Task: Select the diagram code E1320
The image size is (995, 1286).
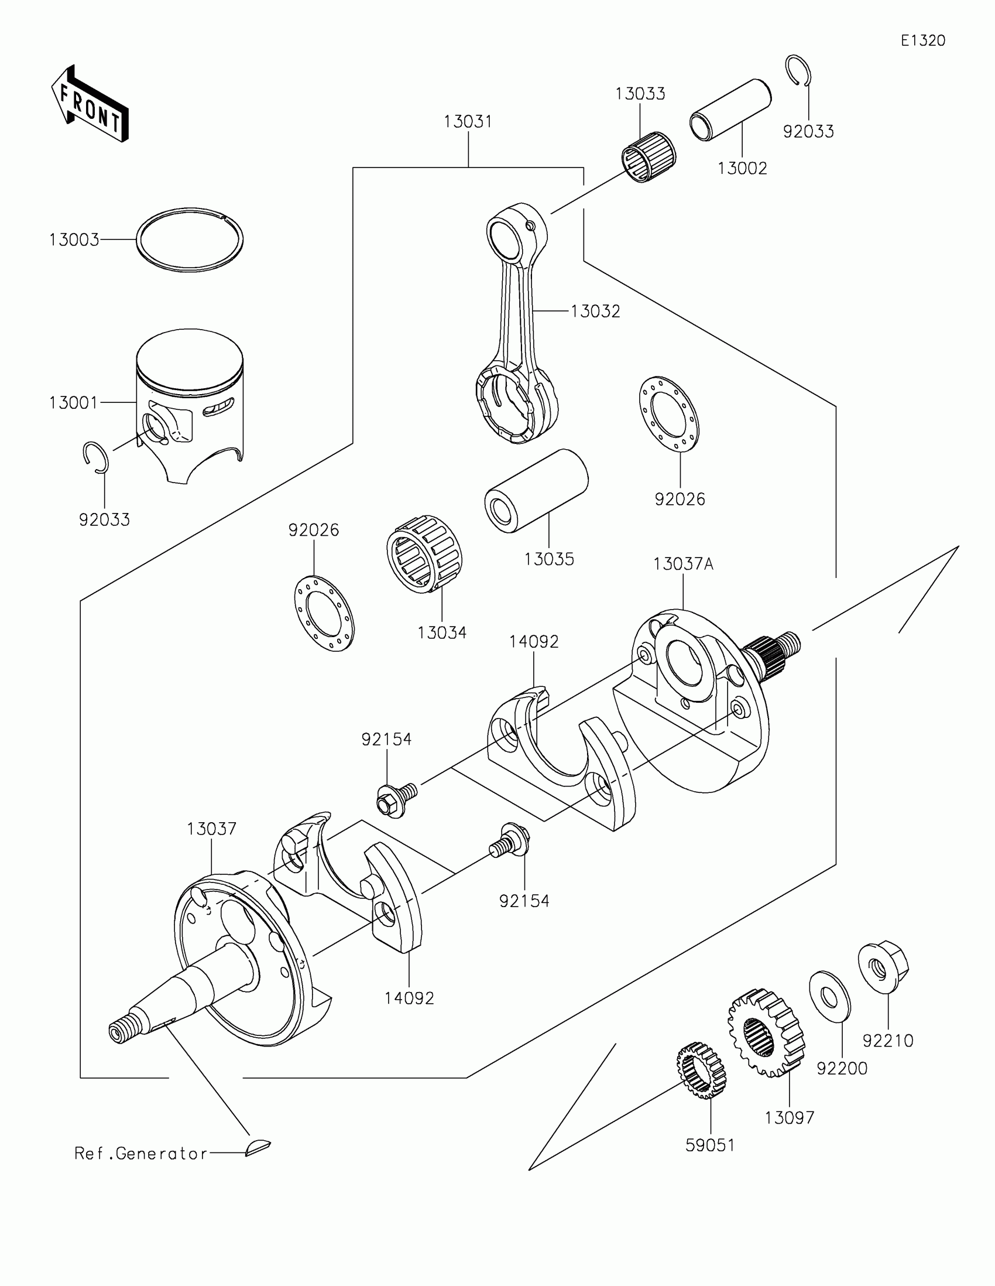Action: pos(922,40)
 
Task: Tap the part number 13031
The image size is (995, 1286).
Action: pos(468,122)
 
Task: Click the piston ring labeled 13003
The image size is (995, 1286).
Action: pos(190,240)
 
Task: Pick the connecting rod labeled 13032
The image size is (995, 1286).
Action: pos(518,330)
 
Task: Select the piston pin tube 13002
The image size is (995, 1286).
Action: pos(730,110)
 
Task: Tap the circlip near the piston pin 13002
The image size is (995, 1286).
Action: pos(799,71)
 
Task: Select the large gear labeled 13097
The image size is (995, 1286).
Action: pos(766,1031)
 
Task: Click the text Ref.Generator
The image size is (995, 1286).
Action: pos(140,1153)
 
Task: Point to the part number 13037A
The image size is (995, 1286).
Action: pos(683,564)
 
